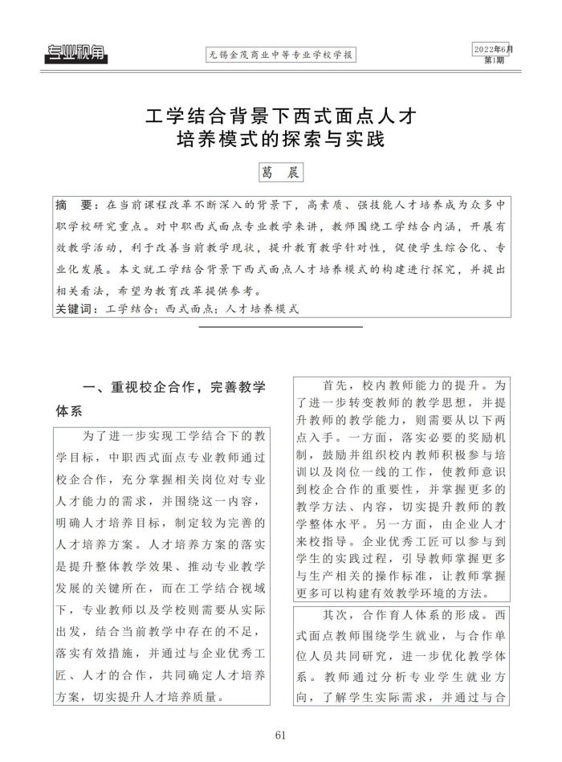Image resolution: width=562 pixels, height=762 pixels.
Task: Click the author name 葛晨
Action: coord(280,173)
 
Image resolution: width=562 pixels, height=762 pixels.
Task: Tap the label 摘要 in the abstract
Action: coord(73,203)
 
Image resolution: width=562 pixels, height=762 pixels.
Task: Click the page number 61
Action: coord(280,736)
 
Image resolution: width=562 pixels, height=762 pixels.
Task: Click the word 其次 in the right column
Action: coord(336,615)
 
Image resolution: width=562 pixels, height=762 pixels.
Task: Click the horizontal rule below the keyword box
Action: coord(280,326)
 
